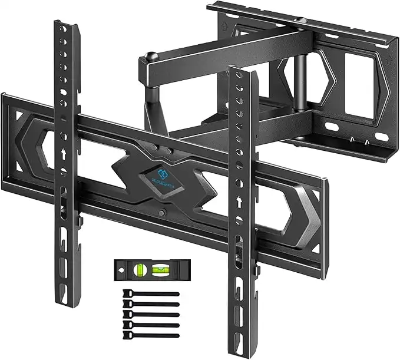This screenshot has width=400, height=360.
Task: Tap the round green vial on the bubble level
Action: pyautogui.click(x=140, y=270)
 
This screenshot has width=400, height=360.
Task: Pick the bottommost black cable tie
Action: pyautogui.click(x=150, y=335)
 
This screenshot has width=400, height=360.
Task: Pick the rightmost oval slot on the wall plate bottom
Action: pyautogui.click(x=382, y=137)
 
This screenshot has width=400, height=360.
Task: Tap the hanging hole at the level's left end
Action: pyautogui.click(x=121, y=270)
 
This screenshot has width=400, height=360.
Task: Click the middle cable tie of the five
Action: pyautogui.click(x=150, y=315)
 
